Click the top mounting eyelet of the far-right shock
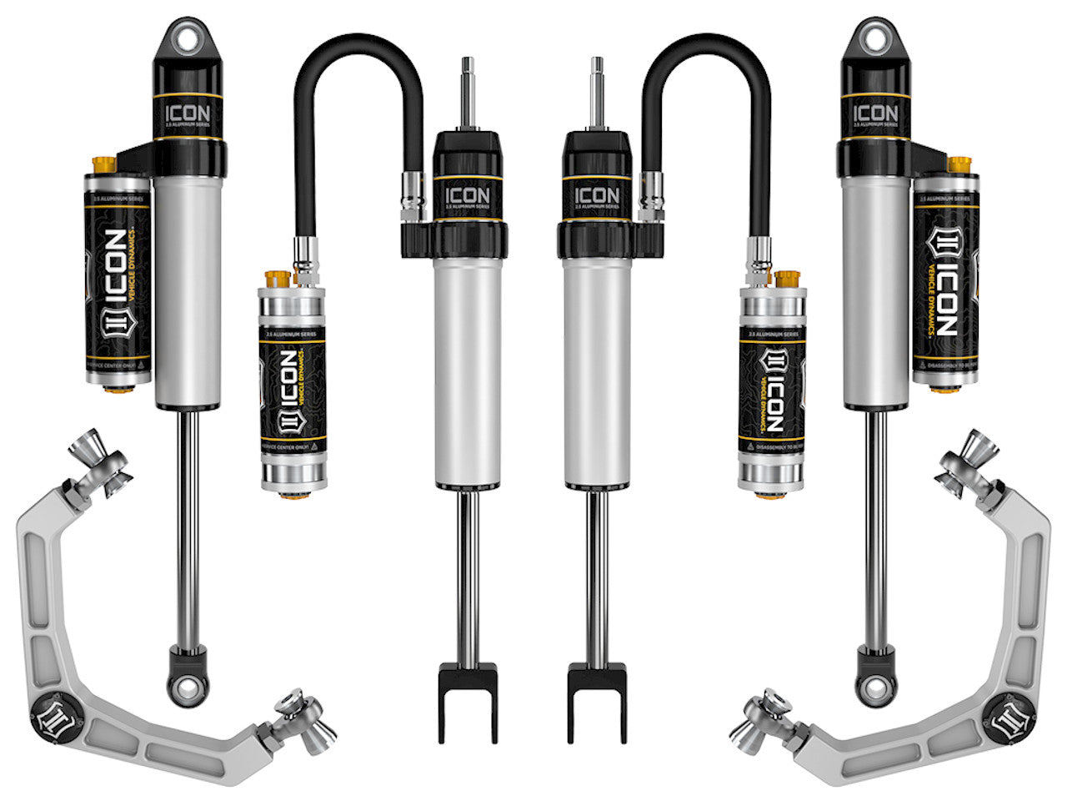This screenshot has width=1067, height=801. (874, 38)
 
